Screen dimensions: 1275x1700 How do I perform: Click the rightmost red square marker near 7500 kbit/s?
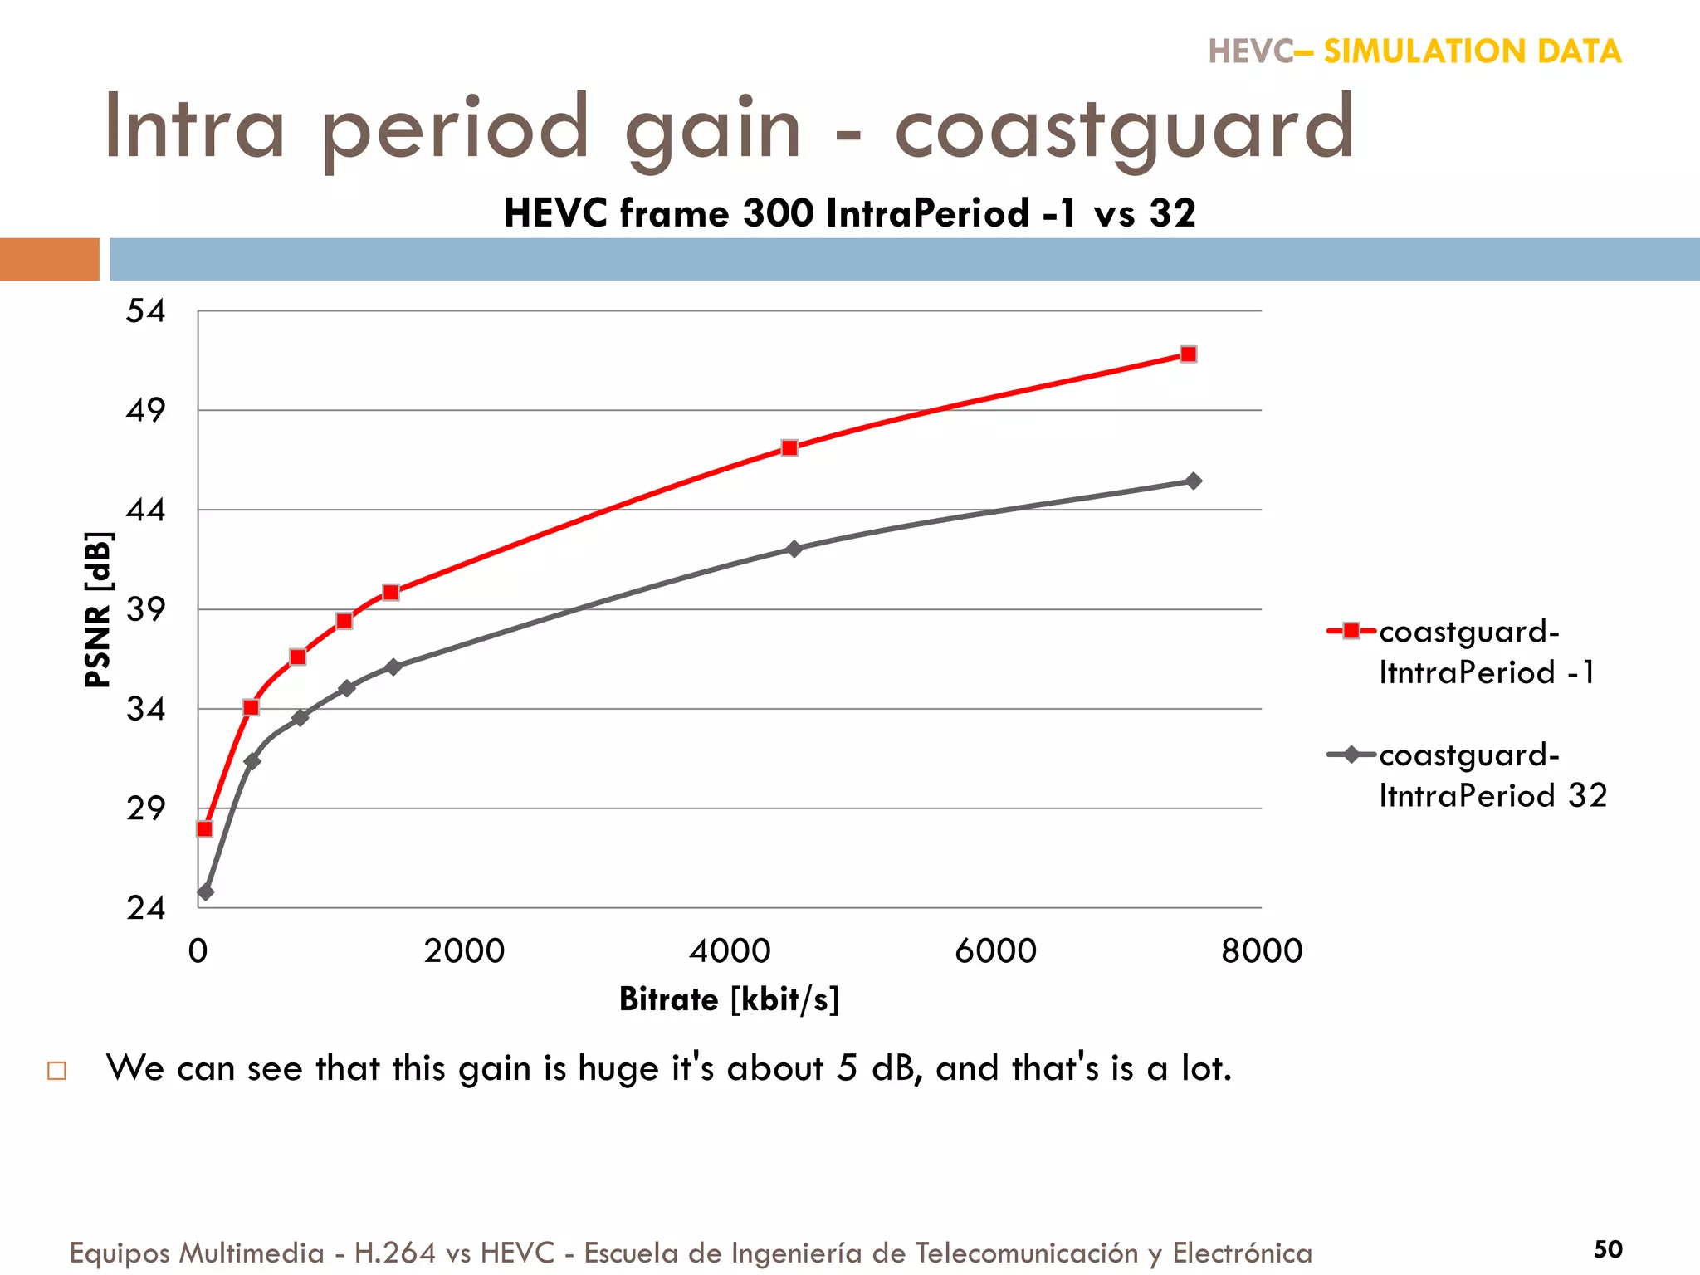tap(1188, 354)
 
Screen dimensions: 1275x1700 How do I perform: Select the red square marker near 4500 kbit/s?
tap(789, 448)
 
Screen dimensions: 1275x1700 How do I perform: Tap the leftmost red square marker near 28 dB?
tap(204, 828)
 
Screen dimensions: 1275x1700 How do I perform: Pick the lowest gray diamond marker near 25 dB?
tap(206, 892)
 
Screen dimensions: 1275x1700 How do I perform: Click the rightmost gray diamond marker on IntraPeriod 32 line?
tap(1193, 481)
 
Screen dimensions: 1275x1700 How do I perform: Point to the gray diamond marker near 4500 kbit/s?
tap(794, 550)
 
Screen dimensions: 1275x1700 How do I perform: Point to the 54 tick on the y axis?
tap(146, 311)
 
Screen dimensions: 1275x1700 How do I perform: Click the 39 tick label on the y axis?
tap(146, 610)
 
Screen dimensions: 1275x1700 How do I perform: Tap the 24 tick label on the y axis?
tap(146, 908)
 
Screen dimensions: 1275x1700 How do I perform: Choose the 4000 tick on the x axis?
tap(730, 951)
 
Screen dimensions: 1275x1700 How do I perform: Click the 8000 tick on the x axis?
tap(1261, 951)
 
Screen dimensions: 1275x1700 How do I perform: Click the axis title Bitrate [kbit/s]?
tap(729, 999)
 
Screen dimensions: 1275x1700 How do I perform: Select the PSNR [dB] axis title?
tap(98, 610)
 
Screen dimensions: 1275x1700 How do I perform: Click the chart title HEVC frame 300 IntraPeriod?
tap(849, 213)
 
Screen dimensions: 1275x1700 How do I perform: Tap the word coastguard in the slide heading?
tap(1124, 129)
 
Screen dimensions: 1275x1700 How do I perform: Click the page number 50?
tap(1607, 1249)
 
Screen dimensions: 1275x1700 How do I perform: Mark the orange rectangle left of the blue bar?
tap(50, 259)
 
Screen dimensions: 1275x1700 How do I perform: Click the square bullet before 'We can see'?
tap(56, 1070)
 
